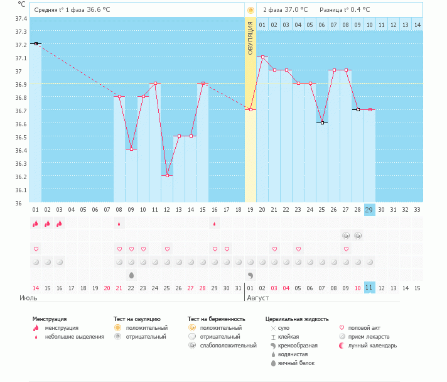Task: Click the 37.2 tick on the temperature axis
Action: pos(21,45)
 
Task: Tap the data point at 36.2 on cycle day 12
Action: pos(168,176)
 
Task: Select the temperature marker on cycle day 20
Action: pos(262,57)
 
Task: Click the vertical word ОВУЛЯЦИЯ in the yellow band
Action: pos(250,38)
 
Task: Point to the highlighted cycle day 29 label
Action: pos(369,210)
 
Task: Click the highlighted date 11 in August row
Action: pos(369,288)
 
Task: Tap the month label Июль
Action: pos(28,298)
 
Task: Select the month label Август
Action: pos(257,298)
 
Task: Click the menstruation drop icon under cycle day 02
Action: pos(47,224)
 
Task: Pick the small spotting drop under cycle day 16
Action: pos(214,224)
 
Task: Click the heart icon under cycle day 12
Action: pos(168,249)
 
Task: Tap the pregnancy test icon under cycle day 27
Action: pos(346,236)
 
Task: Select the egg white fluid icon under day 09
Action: pos(131,275)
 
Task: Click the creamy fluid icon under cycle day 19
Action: pos(250,275)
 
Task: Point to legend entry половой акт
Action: pos(360,328)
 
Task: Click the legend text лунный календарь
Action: pos(372,346)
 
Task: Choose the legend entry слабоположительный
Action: pos(222,346)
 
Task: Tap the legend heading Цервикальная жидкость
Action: pos(297,319)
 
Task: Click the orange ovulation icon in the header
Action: pos(250,11)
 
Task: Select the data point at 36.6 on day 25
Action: pos(322,123)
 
